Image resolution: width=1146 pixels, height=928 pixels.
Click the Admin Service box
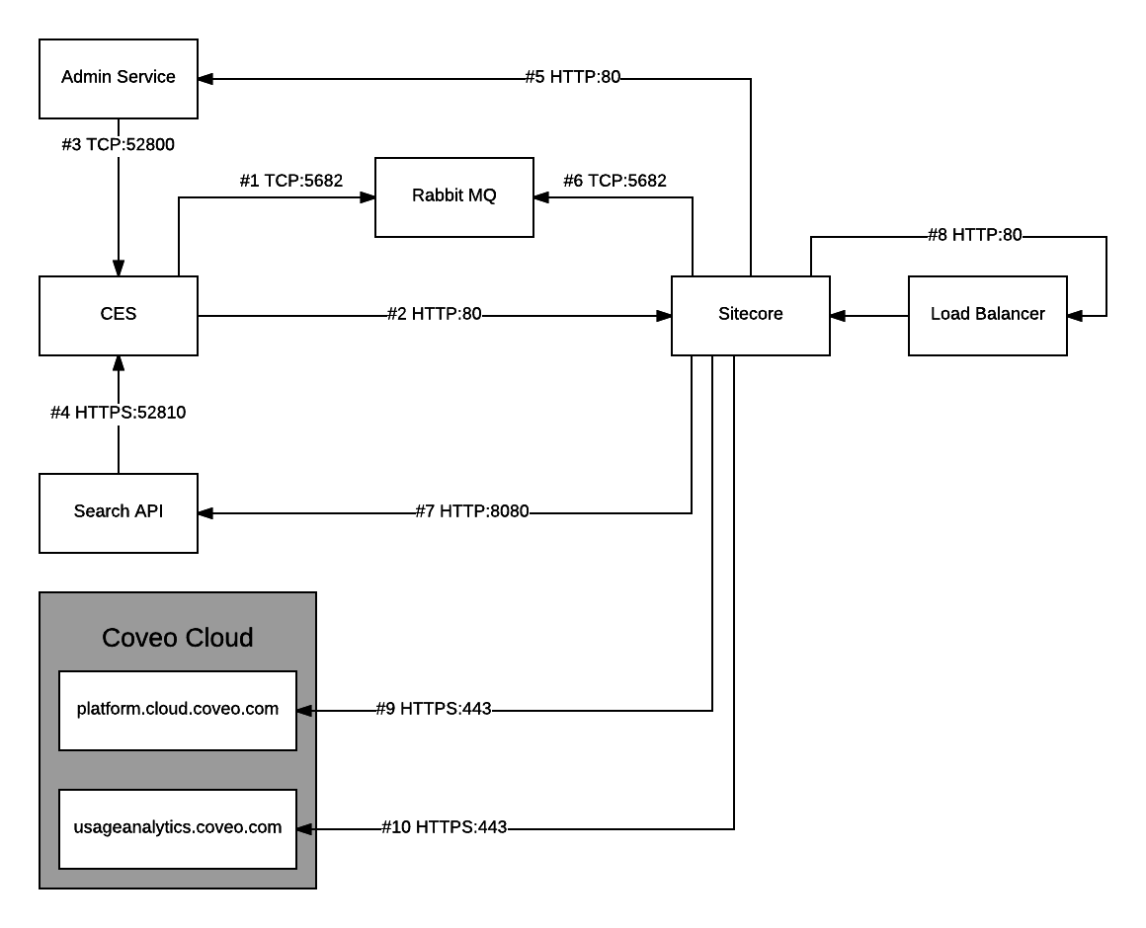tap(119, 78)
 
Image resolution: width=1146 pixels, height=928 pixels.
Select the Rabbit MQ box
tap(454, 196)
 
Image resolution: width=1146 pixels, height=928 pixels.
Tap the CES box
tap(119, 315)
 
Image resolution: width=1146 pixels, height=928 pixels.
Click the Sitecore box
tap(751, 315)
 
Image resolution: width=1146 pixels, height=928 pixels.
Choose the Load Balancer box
tap(988, 315)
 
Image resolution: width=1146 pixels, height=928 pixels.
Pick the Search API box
tap(119, 512)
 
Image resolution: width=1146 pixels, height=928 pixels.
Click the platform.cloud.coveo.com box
tap(178, 710)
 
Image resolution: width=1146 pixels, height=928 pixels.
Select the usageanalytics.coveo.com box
tap(178, 828)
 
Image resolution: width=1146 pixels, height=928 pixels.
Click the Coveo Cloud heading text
tap(178, 638)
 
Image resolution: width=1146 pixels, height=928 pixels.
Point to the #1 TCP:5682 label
tap(291, 181)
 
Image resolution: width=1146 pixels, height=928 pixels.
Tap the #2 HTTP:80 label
tap(435, 315)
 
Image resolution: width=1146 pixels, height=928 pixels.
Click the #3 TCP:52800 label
tap(119, 144)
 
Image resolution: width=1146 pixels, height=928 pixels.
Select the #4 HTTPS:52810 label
tap(119, 413)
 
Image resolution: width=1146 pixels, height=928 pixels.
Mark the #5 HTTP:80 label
tap(573, 77)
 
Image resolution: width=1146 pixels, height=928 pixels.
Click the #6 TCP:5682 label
tap(614, 181)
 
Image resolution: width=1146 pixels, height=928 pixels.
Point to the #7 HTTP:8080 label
tap(472, 512)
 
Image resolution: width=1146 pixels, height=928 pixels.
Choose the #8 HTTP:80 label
tap(975, 235)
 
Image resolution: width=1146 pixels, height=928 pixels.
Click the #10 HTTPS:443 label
tap(445, 827)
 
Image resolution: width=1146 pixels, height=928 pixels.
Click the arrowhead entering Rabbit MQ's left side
tap(368, 197)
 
